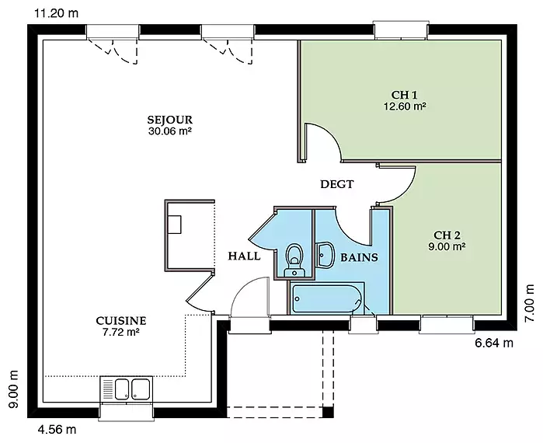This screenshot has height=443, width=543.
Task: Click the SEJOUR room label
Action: click(x=169, y=120)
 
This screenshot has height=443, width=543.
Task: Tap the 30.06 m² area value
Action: click(x=170, y=131)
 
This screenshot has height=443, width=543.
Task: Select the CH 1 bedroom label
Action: click(x=404, y=95)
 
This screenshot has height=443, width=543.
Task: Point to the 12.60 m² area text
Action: click(x=405, y=106)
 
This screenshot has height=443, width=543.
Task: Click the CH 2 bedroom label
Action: click(x=447, y=235)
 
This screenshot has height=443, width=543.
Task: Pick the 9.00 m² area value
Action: click(x=447, y=246)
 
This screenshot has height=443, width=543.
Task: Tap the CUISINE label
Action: click(x=121, y=321)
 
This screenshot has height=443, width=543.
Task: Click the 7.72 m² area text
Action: click(x=121, y=332)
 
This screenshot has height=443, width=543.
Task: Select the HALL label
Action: click(x=244, y=256)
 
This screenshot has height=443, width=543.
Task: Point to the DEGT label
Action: click(x=337, y=184)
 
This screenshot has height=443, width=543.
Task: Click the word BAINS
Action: click(x=359, y=257)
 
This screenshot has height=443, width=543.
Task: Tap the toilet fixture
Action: click(x=294, y=260)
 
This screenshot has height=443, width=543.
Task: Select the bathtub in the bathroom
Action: click(x=327, y=298)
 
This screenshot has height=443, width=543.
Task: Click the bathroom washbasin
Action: click(x=325, y=255)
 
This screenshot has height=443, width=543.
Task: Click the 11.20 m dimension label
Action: click(x=56, y=13)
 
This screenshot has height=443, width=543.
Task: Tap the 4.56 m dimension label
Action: click(x=57, y=430)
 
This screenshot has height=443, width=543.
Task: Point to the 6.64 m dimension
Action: click(x=494, y=343)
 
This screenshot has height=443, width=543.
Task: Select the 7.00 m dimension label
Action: click(x=529, y=303)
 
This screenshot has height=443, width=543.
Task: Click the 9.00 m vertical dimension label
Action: click(x=13, y=389)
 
